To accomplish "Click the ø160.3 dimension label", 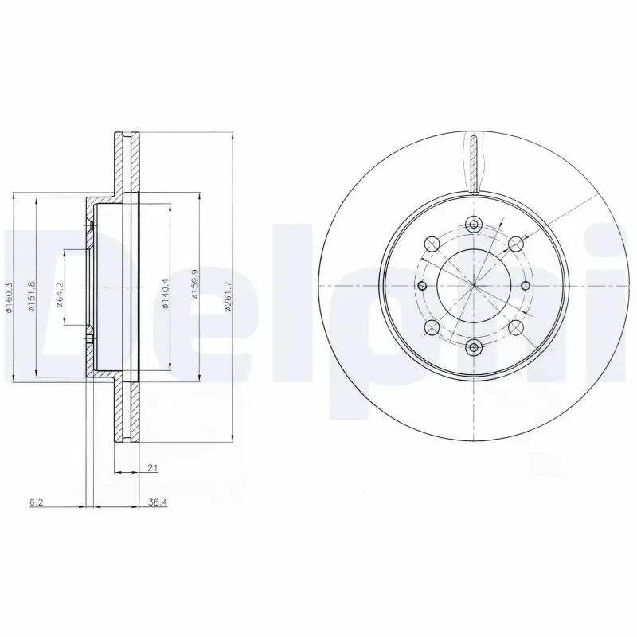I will tap(10, 297).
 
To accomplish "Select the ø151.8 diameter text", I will tap(32, 297).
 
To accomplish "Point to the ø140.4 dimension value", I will tap(166, 293).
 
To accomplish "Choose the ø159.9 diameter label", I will tap(194, 293).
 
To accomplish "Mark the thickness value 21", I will tap(151, 468).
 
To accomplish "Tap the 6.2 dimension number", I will tap(35, 502).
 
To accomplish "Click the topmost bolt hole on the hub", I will tap(474, 224).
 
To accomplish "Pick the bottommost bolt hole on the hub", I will tap(474, 346).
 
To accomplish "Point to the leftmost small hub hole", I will tap(421, 285).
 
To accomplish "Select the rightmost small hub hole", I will tap(526, 285).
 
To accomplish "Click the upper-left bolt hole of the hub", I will tap(432, 243).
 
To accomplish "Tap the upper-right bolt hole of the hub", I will tap(516, 243).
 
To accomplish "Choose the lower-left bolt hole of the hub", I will tap(432, 327).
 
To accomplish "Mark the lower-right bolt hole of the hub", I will tap(516, 327).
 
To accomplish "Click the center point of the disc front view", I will tap(474, 285).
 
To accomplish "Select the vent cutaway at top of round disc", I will tap(474, 163).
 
